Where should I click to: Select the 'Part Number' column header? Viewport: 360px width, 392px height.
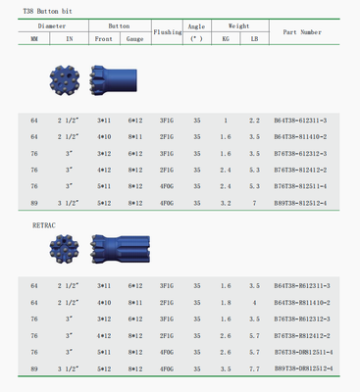click(301, 31)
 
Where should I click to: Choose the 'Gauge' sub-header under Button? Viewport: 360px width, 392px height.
click(134, 38)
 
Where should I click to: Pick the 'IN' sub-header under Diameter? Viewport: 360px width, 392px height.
click(69, 38)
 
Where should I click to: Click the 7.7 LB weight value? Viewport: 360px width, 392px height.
click(254, 367)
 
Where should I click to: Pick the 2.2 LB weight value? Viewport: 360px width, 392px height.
click(254, 120)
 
